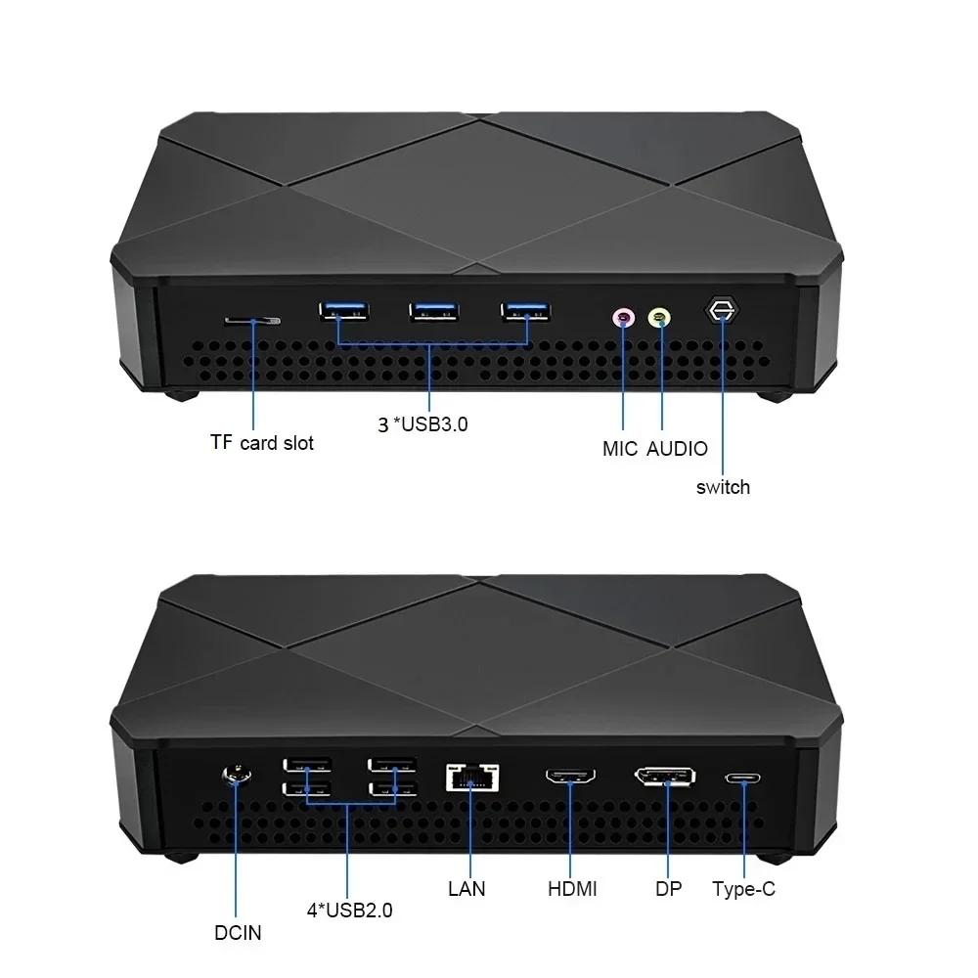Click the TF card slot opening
point(252,320)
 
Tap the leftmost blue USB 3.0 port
point(342,312)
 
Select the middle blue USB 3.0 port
point(434,312)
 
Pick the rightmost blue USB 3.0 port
point(525,312)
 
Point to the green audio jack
point(660,317)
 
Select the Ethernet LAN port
point(471,777)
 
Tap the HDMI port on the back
point(570,778)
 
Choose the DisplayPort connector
point(665,778)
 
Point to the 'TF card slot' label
point(262,443)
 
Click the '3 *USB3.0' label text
point(423,423)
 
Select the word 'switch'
point(723,487)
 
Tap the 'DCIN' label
point(238,932)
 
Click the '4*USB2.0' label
point(349,911)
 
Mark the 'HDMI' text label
point(571,889)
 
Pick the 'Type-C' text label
point(743,889)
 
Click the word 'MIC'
point(620,449)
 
